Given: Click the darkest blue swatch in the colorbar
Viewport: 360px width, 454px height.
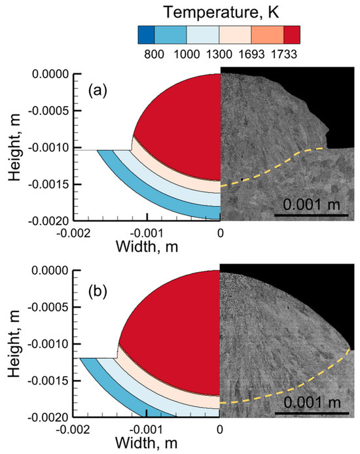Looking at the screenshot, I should point(146,35).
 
